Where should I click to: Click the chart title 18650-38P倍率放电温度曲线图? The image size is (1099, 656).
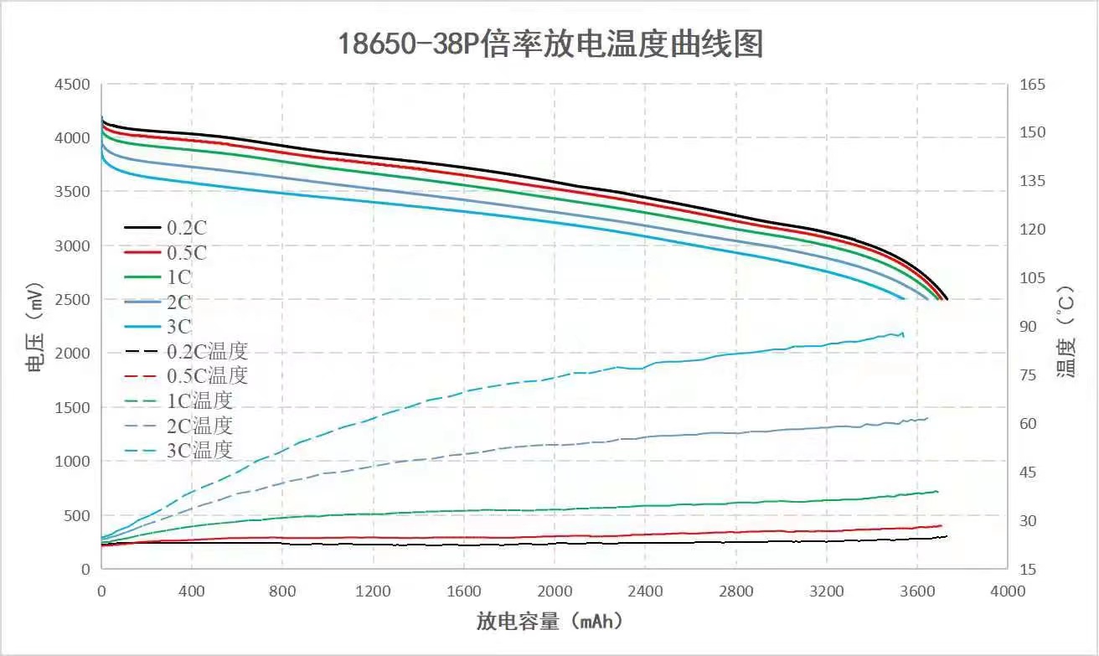pos(550,44)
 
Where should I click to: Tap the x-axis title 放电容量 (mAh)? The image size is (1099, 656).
pos(549,621)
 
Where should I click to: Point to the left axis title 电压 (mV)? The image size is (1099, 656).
pos(34,328)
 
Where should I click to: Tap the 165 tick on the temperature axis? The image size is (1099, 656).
pos(1032,85)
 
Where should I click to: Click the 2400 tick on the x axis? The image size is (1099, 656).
pos(645,591)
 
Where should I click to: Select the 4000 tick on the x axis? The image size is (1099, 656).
pos(1008,591)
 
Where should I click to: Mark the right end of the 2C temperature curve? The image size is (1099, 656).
pos(927,417)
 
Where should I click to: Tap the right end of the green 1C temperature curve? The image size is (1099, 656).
pos(937,491)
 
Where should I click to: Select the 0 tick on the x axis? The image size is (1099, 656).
pos(101,591)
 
